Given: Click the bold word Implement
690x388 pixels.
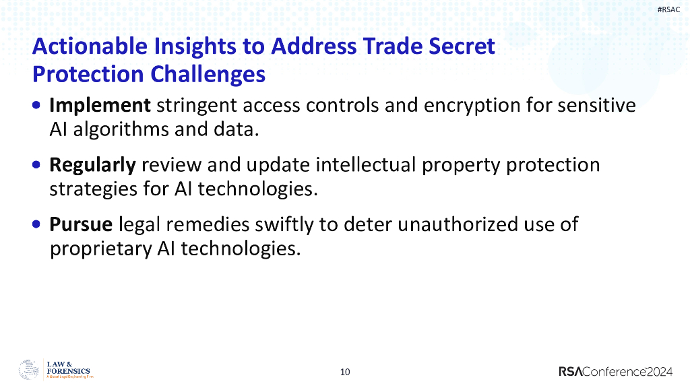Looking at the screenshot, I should (100, 106).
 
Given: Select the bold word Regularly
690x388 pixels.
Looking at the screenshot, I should (93, 165).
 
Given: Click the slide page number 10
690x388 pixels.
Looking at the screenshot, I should (345, 372).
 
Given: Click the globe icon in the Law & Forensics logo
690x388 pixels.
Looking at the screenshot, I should (29, 370).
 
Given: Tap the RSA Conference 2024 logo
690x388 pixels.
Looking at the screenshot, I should (616, 371).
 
